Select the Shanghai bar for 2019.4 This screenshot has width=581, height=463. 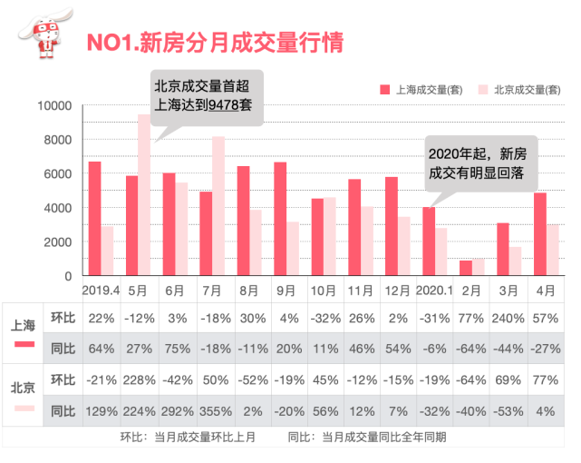pyautogui.click(x=94, y=219)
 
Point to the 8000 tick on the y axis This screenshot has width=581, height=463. pyautogui.click(x=55, y=140)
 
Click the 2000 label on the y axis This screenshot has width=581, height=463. pyautogui.click(x=55, y=242)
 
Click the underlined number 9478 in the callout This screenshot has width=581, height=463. pyautogui.click(x=223, y=105)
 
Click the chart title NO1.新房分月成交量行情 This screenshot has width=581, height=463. pyautogui.click(x=213, y=42)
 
